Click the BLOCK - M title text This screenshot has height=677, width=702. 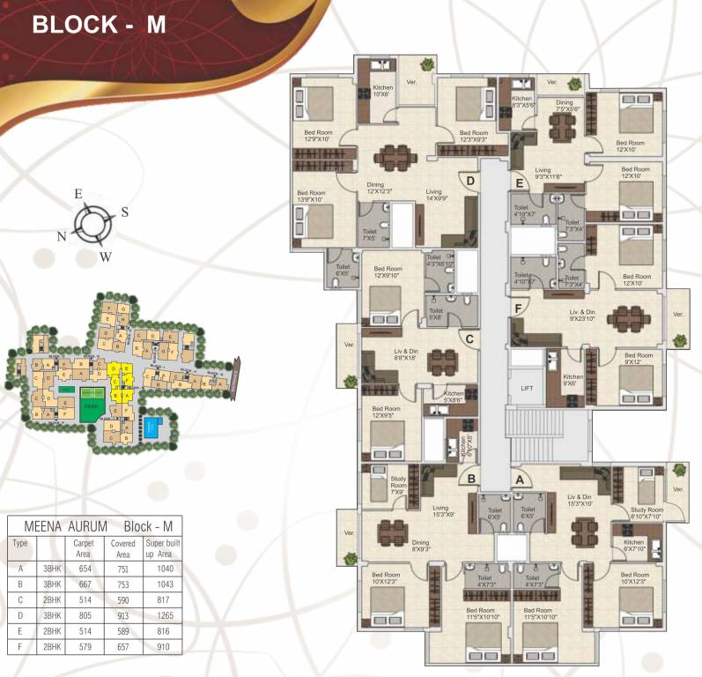99,24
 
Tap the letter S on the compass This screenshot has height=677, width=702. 124,212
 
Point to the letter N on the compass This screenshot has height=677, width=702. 63,236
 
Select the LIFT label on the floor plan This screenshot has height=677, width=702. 527,388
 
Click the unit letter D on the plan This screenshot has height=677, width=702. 470,182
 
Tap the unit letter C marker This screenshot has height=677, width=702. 470,338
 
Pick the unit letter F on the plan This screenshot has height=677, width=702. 520,308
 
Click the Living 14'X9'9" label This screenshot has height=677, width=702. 433,195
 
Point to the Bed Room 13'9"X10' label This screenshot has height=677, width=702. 311,196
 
